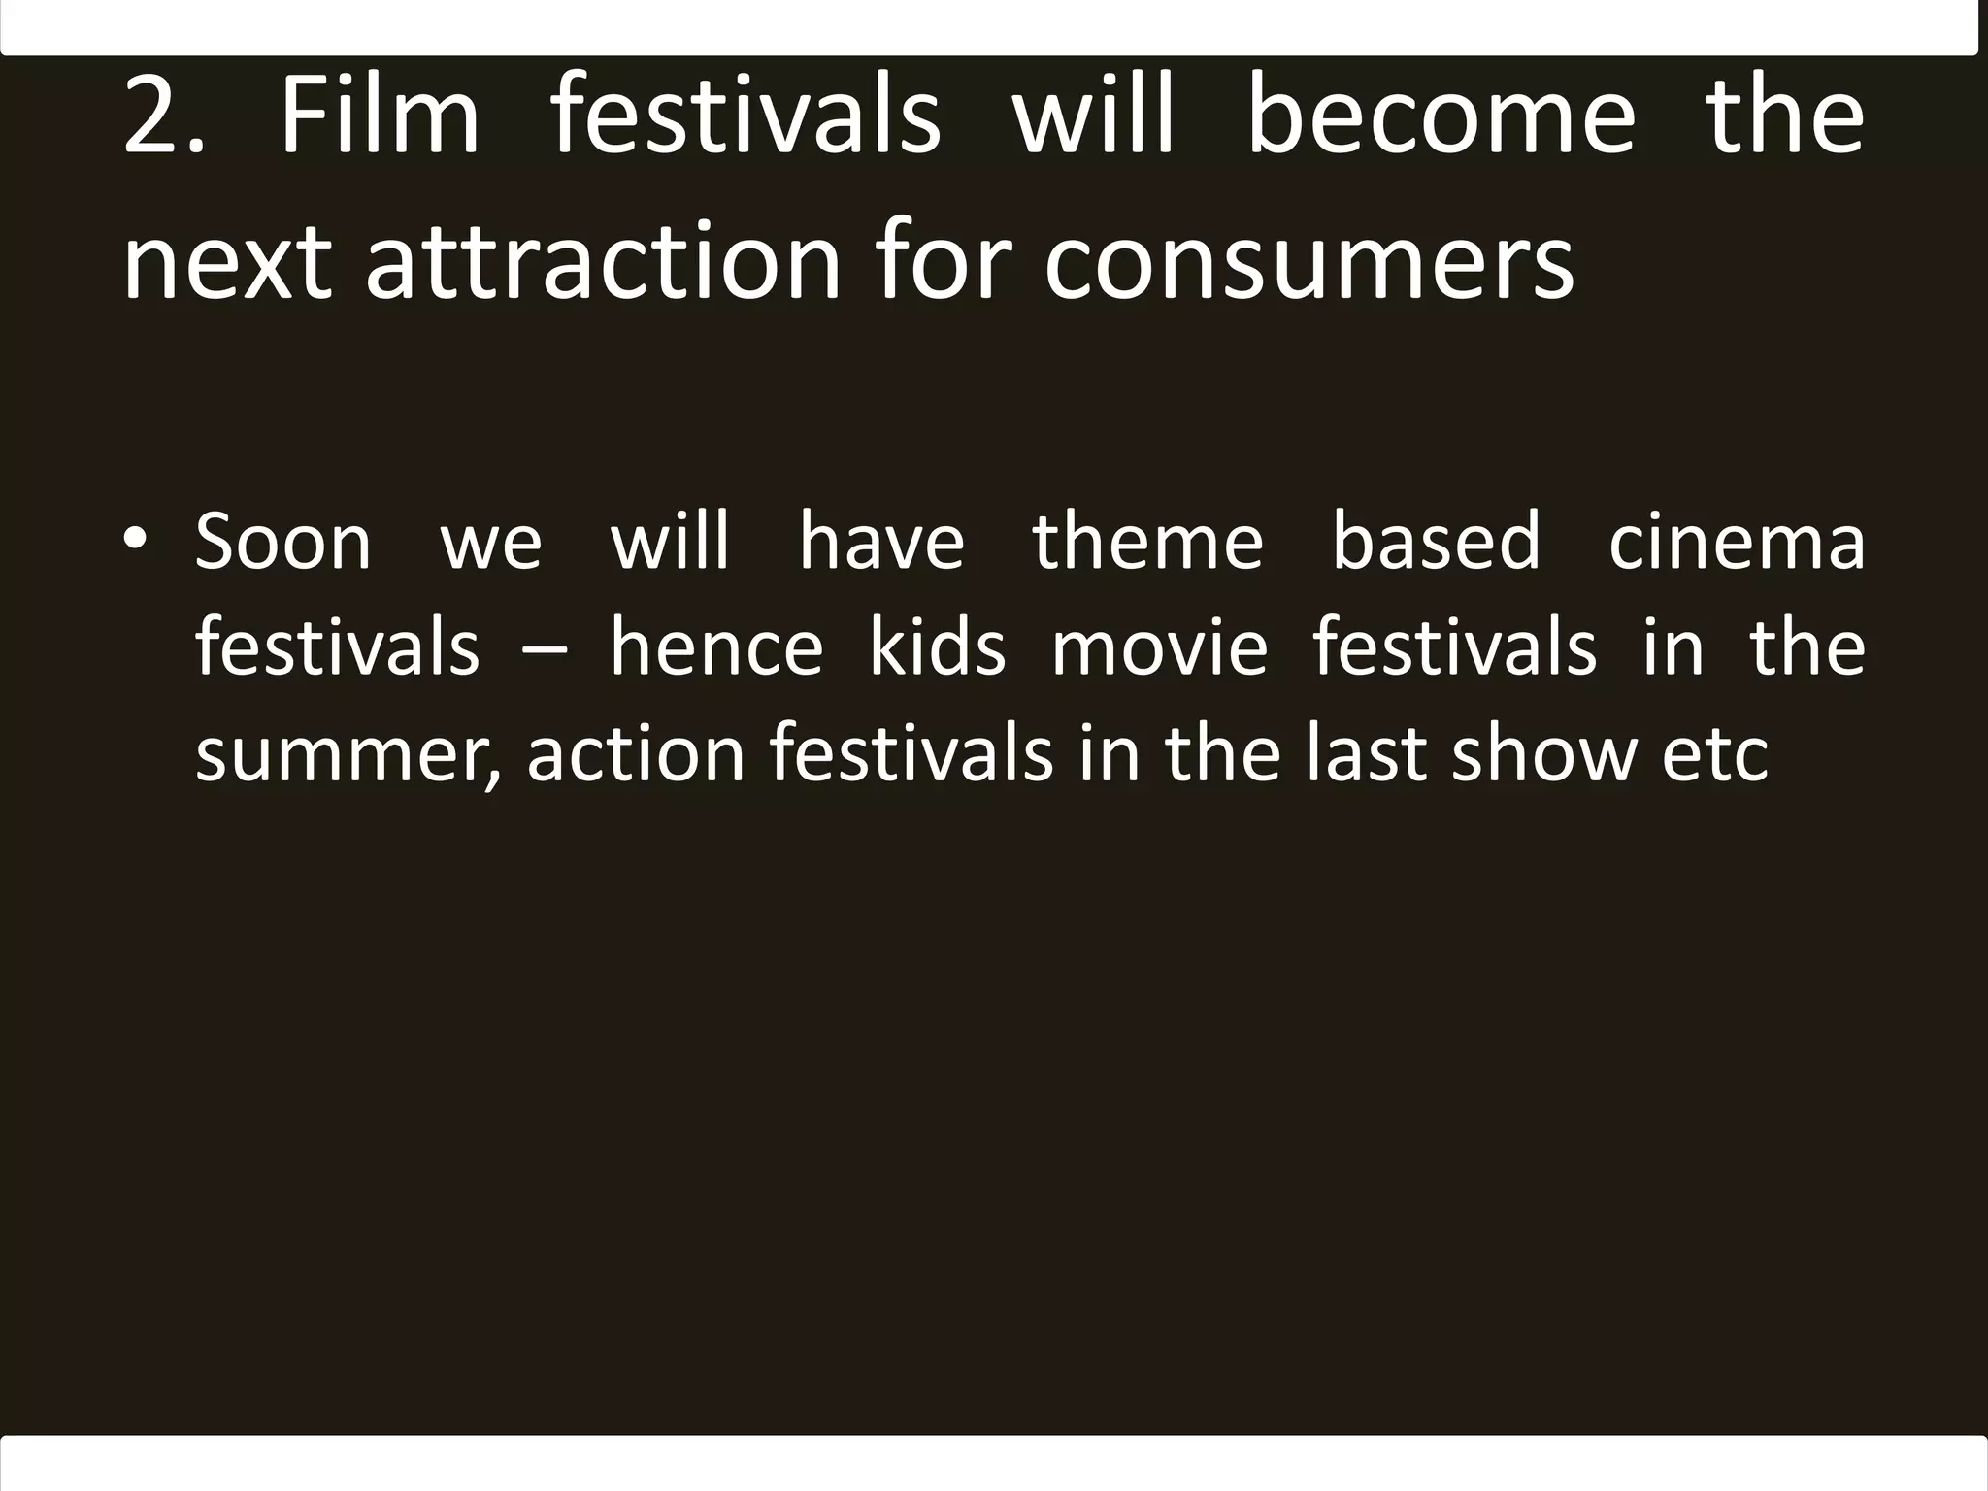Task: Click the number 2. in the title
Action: click(164, 118)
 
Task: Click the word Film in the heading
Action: click(380, 118)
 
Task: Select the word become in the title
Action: click(1441, 118)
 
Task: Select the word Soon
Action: click(282, 542)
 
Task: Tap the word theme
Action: click(1147, 542)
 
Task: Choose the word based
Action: click(1436, 542)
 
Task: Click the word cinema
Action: click(1737, 542)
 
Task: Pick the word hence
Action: click(716, 647)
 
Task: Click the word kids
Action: click(938, 647)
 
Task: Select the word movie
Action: click(1160, 647)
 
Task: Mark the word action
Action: click(636, 755)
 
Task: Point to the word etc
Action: click(1716, 755)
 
